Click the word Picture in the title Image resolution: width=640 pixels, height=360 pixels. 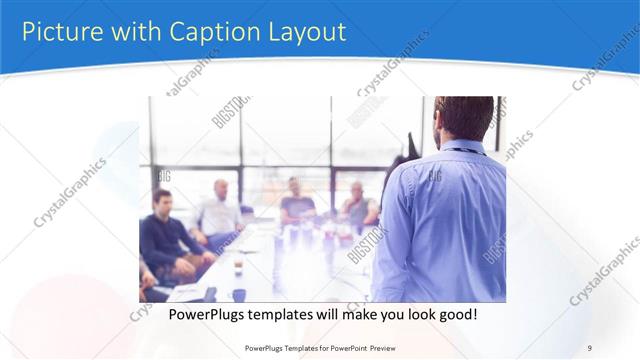(60, 31)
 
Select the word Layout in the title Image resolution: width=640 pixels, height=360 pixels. (297, 31)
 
